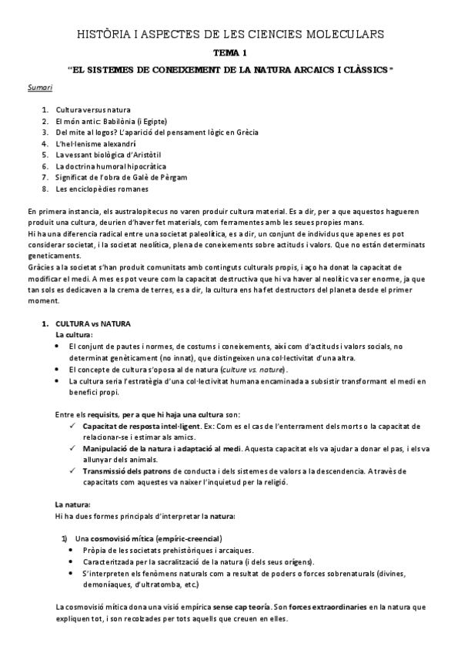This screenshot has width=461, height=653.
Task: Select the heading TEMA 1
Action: (x=230, y=52)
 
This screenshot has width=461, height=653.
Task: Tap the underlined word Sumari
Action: (x=39, y=89)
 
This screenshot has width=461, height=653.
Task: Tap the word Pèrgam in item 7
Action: (x=164, y=176)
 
